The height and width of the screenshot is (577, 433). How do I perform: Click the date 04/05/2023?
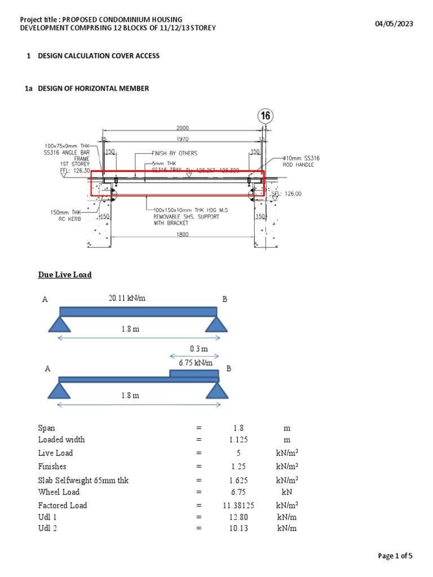pyautogui.click(x=394, y=23)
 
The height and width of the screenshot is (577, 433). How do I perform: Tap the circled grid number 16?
pyautogui.click(x=266, y=117)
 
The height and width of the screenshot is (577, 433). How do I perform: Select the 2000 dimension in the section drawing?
pyautogui.click(x=183, y=128)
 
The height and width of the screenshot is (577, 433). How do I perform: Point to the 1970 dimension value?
pyautogui.click(x=182, y=139)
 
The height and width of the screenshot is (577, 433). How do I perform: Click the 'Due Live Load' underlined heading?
pyautogui.click(x=65, y=274)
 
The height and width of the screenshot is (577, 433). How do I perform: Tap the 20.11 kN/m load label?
pyautogui.click(x=127, y=298)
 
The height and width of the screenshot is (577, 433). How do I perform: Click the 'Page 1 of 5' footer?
pyautogui.click(x=395, y=556)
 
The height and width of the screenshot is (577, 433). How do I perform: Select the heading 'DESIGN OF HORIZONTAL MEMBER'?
pyautogui.click(x=93, y=88)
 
